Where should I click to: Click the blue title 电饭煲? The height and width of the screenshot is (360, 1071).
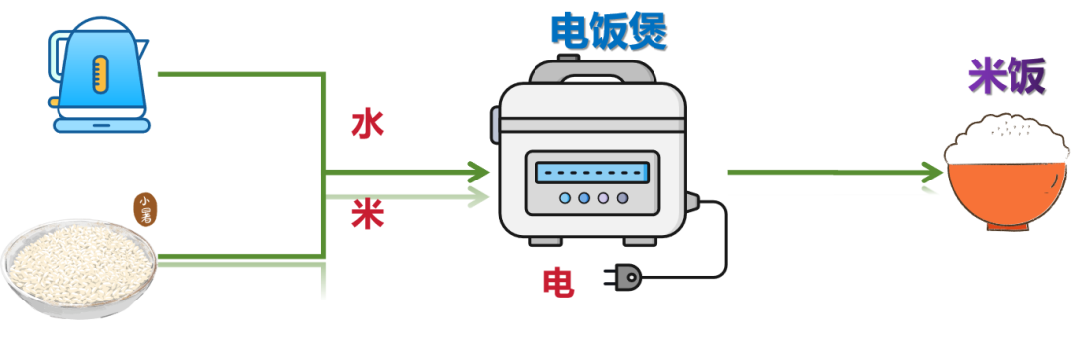[x=609, y=31]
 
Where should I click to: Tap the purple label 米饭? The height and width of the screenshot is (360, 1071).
[x=1007, y=75]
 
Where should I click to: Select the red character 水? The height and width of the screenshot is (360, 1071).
[x=368, y=124]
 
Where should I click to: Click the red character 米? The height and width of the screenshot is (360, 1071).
[x=368, y=216]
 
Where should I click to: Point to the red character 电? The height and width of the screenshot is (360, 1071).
[x=558, y=282]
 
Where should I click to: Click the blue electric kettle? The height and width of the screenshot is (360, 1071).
[x=99, y=73]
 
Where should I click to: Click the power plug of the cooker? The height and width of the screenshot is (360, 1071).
[x=623, y=278]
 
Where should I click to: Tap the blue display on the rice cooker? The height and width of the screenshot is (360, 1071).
[x=592, y=173]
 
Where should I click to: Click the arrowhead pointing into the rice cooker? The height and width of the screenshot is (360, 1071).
[x=479, y=173]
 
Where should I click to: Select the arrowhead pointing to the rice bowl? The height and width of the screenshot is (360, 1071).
[x=933, y=173]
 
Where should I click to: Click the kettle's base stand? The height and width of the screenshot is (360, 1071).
[x=102, y=125]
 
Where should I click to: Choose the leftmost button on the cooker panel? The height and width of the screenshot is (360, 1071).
[x=565, y=198]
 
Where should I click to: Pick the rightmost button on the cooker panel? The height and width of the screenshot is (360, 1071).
[x=622, y=198]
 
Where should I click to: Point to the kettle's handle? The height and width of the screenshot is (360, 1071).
[x=56, y=68]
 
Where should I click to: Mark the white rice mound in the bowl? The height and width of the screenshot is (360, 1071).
[x=1007, y=139]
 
